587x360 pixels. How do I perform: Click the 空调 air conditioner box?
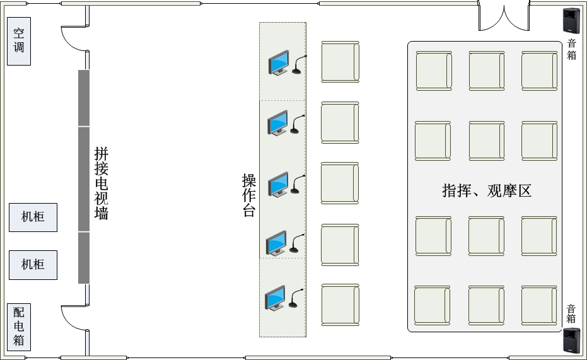tap(19, 41)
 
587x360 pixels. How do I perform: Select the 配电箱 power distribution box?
tap(19, 327)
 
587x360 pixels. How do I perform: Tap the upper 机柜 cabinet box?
tap(33, 218)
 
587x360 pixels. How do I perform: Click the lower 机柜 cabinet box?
tap(33, 265)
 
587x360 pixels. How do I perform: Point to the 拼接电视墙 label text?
tap(101, 183)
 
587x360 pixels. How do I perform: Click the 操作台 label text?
tap(249, 195)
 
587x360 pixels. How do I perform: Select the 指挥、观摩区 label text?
tap(487, 190)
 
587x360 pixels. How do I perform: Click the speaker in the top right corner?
tap(571, 21)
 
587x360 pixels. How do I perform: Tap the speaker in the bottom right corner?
tap(572, 340)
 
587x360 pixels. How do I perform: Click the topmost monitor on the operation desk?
tap(279, 63)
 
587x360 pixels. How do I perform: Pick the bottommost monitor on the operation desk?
tap(275, 298)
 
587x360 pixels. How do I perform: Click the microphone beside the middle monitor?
tap(298, 184)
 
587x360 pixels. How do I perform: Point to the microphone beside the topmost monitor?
tap(299, 64)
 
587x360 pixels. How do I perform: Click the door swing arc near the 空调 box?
tap(69, 43)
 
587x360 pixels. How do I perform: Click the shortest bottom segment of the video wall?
tap(84, 258)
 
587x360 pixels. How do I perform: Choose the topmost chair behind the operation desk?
tap(340, 62)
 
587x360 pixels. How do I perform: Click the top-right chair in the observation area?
tap(540, 71)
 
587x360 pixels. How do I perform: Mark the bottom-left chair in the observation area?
tap(433, 305)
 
